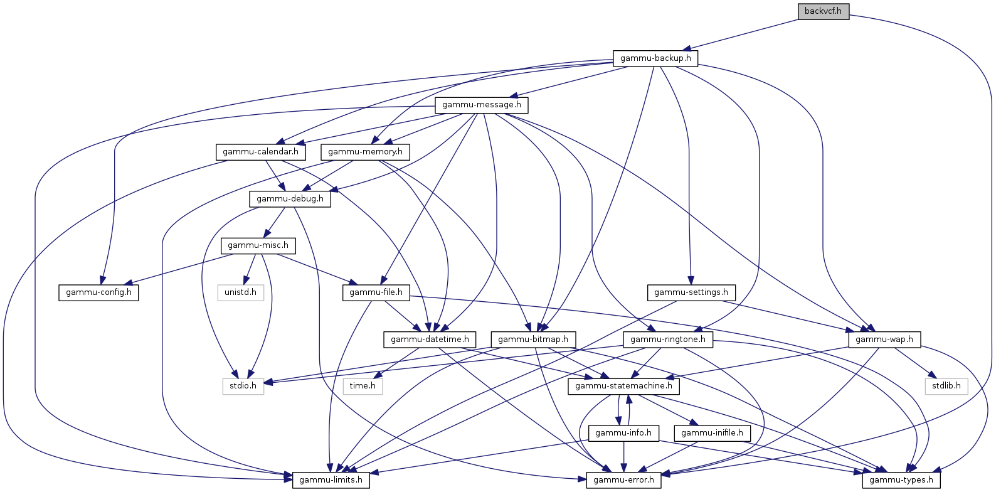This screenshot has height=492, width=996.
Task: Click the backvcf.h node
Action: coord(824,11)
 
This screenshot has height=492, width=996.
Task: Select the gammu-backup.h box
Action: coord(655,58)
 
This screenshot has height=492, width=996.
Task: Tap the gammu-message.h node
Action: coord(482,105)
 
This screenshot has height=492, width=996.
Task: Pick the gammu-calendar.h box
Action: coord(260,152)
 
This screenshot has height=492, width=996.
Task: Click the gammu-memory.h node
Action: coord(365,152)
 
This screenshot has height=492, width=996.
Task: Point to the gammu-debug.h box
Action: coord(290,199)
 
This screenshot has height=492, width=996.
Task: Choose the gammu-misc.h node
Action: coord(258,245)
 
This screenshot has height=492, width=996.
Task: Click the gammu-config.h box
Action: coord(98,292)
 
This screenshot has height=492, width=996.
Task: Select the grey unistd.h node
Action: coord(241,292)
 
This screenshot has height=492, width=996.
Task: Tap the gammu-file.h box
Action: coord(376,292)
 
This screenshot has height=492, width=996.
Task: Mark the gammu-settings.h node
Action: coord(691,292)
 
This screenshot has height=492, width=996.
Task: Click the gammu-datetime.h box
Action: coord(430,340)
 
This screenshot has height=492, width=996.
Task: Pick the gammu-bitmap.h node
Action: coord(533,340)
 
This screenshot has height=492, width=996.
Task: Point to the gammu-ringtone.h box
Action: coord(668,340)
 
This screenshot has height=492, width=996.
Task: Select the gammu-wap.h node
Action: coord(884,340)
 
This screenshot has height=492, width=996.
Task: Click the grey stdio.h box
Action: coord(243,386)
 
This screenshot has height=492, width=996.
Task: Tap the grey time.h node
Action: coord(363,386)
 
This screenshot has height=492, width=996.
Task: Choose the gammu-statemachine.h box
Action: coord(624,386)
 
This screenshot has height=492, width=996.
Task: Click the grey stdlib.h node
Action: coord(946,386)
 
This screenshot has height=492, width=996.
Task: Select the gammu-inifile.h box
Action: coord(713,433)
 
